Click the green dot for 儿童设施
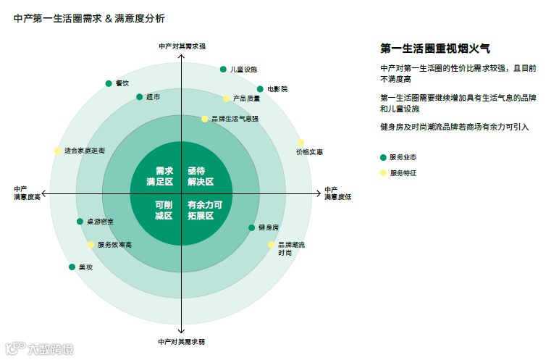223,70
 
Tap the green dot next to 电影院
260,89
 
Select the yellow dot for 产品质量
227,99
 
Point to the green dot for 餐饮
109,83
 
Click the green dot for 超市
140,96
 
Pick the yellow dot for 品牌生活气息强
205,119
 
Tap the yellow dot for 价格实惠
301,143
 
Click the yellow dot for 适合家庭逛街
57,151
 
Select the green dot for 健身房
252,227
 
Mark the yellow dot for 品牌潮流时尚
272,245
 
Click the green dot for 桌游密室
80,221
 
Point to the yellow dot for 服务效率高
91,245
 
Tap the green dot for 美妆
72,267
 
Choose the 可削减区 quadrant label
163,210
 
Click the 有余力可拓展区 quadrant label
205,210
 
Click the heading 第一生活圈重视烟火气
435,49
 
